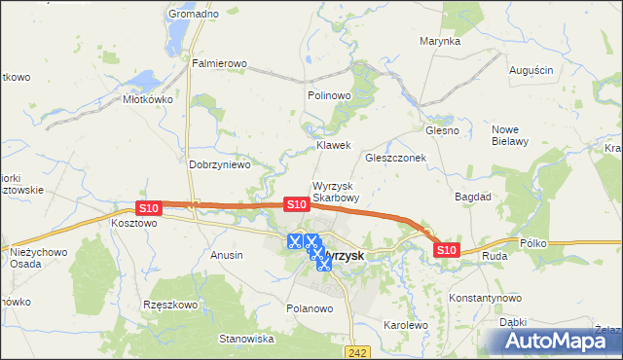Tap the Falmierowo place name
click(x=219, y=64)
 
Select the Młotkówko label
click(x=147, y=98)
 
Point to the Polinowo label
click(x=328, y=95)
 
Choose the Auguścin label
click(x=531, y=70)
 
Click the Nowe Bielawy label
click(x=510, y=135)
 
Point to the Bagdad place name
click(x=473, y=196)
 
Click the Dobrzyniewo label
click(x=220, y=164)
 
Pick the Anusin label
click(x=227, y=255)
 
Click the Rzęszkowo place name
click(x=170, y=304)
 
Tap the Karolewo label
click(x=406, y=325)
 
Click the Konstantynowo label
click(x=485, y=298)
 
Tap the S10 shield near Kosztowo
click(x=148, y=208)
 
